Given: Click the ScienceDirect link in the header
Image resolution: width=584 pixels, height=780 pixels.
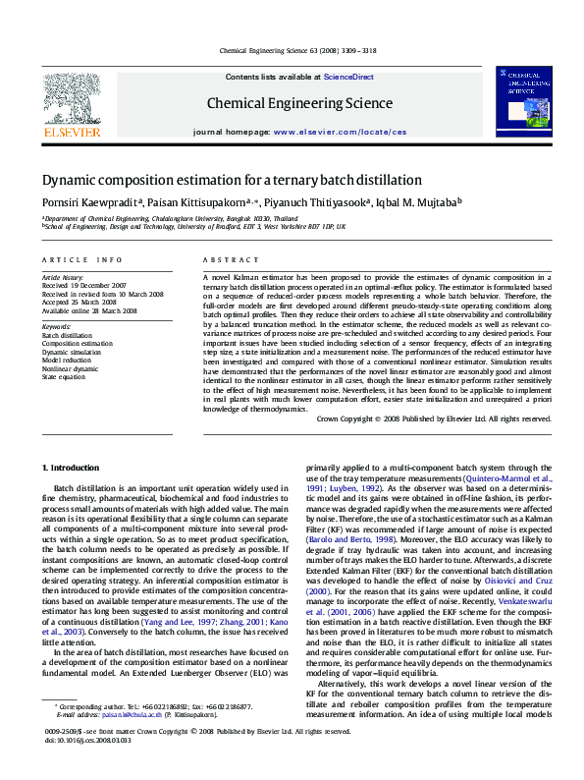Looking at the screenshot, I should coord(348,77).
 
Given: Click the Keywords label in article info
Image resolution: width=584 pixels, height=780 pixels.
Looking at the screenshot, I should coord(56,326).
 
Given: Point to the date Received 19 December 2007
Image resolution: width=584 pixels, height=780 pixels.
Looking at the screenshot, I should coord(84,286).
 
